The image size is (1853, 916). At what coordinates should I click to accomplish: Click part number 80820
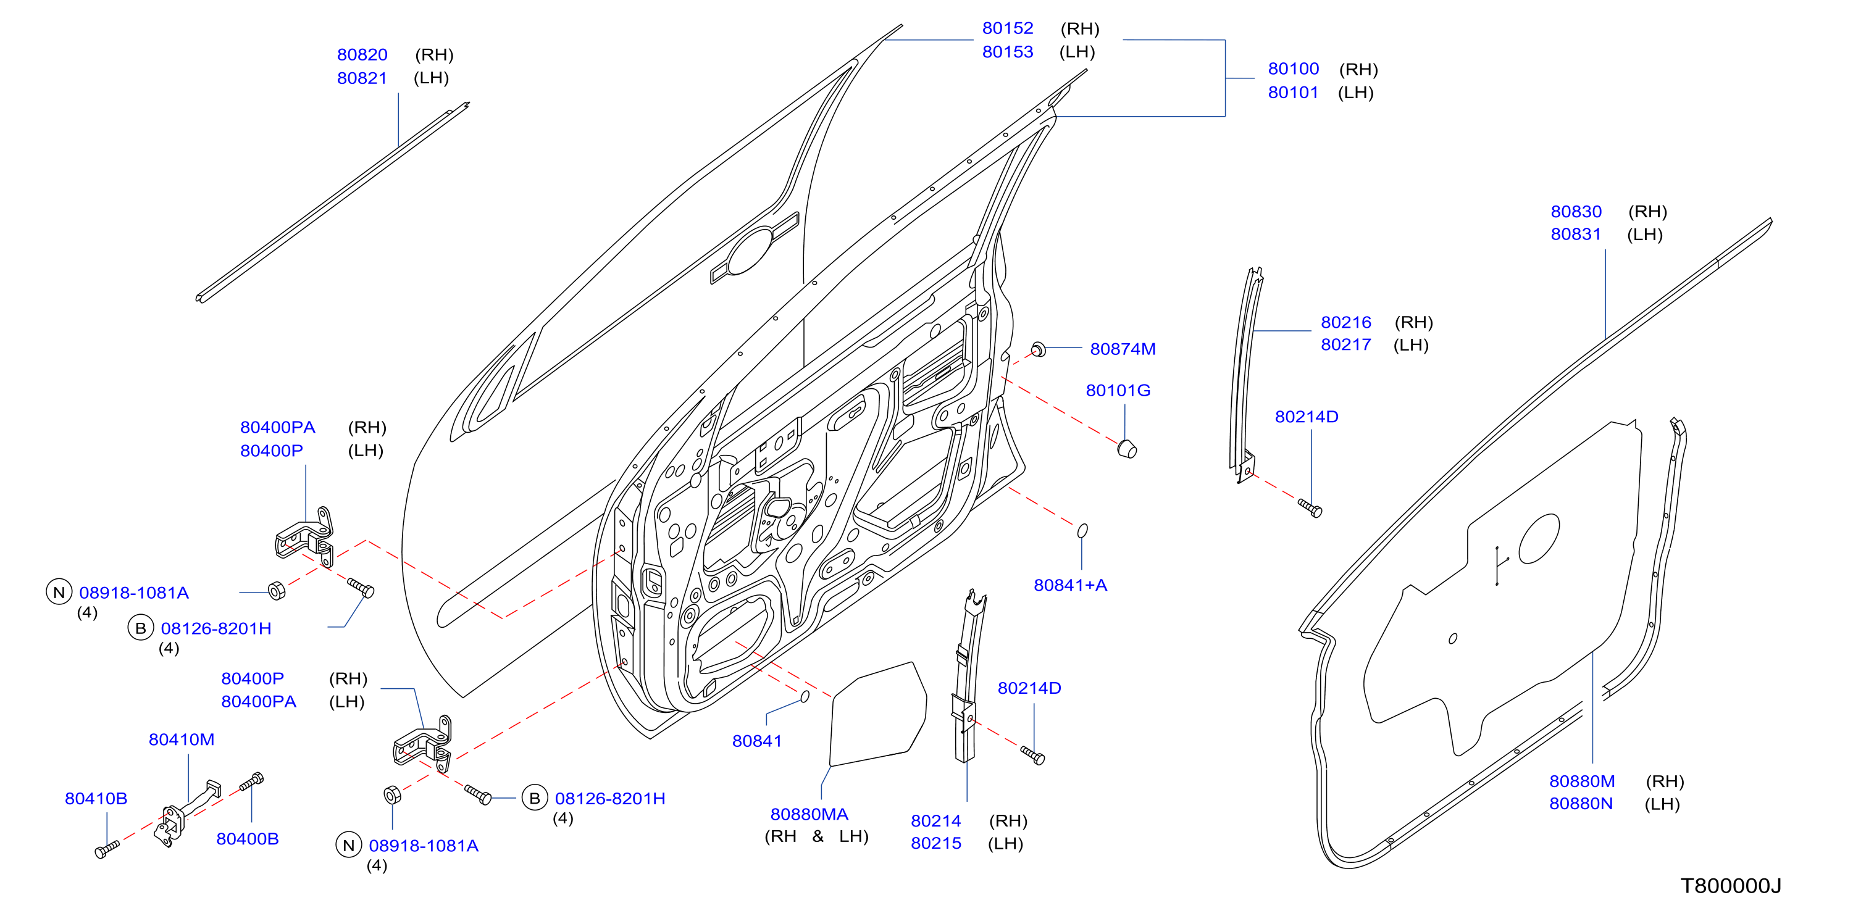click(x=362, y=55)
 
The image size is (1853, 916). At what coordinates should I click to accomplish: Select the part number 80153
click(x=1007, y=52)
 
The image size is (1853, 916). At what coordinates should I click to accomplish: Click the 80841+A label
click(x=1069, y=585)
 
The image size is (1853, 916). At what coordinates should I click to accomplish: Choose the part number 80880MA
click(x=809, y=814)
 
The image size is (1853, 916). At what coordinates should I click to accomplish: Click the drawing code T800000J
click(x=1730, y=886)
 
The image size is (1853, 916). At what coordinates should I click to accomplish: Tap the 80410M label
click(x=182, y=739)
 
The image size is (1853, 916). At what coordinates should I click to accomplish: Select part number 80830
click(x=1576, y=211)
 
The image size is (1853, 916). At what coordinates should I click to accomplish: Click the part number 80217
click(x=1346, y=344)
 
